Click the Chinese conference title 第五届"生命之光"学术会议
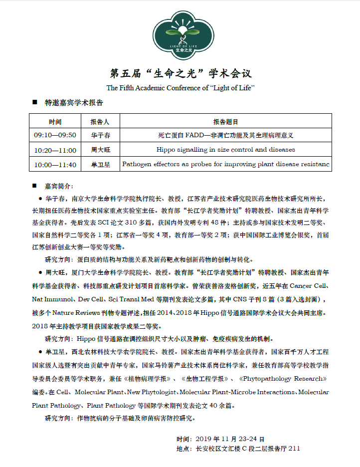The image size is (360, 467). pos(180,73)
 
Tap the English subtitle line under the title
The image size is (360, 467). pos(180,88)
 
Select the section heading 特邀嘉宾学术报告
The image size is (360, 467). pos(74,103)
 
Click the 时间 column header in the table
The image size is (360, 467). pos(55,121)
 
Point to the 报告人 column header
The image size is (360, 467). pos(100,121)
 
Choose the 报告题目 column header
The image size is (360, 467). pos(225,121)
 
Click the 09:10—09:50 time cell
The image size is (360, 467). pos(55,135)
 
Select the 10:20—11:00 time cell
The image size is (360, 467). pos(55,150)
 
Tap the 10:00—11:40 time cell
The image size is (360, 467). pos(55,164)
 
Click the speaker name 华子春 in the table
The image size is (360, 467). pos(100,135)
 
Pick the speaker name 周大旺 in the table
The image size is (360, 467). pos(100,150)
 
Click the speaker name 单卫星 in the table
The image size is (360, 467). pos(100,164)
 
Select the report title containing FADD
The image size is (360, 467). pos(225,135)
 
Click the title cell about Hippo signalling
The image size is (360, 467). pos(225,150)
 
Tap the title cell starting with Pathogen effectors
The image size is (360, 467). pos(225,164)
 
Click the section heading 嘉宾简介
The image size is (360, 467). pos(58,186)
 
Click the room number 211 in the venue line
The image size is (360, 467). pos(294,449)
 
